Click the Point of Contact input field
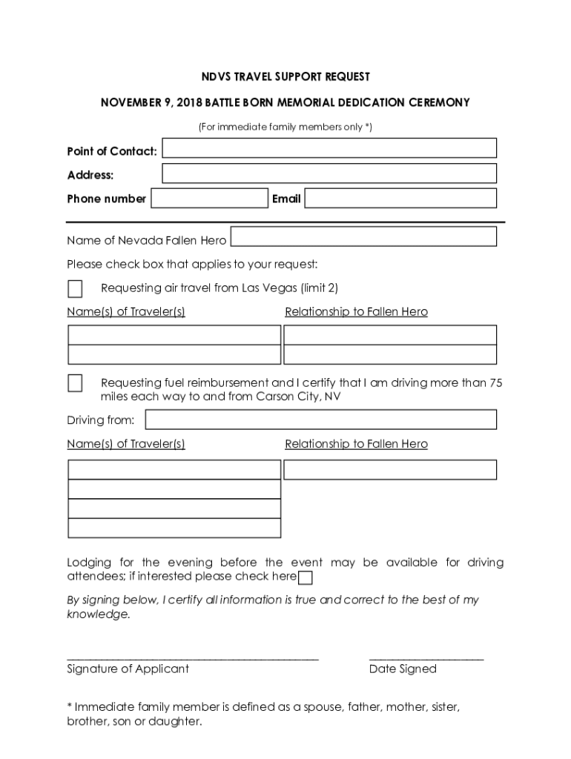[x=329, y=148]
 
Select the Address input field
[x=329, y=173]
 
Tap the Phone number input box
[x=209, y=199]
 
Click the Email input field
[x=400, y=199]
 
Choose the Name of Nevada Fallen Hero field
[x=364, y=236]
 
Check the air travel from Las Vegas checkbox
[x=75, y=288]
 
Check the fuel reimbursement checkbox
[x=75, y=383]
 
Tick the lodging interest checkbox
[x=305, y=578]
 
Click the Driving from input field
[x=321, y=420]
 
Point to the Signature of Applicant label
[x=128, y=669]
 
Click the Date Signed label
[x=403, y=669]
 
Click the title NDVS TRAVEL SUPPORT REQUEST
[x=285, y=77]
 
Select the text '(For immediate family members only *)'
[x=285, y=127]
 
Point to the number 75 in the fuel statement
[x=495, y=383]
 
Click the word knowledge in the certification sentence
[x=98, y=614]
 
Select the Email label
[x=286, y=199]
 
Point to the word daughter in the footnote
[x=176, y=721]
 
